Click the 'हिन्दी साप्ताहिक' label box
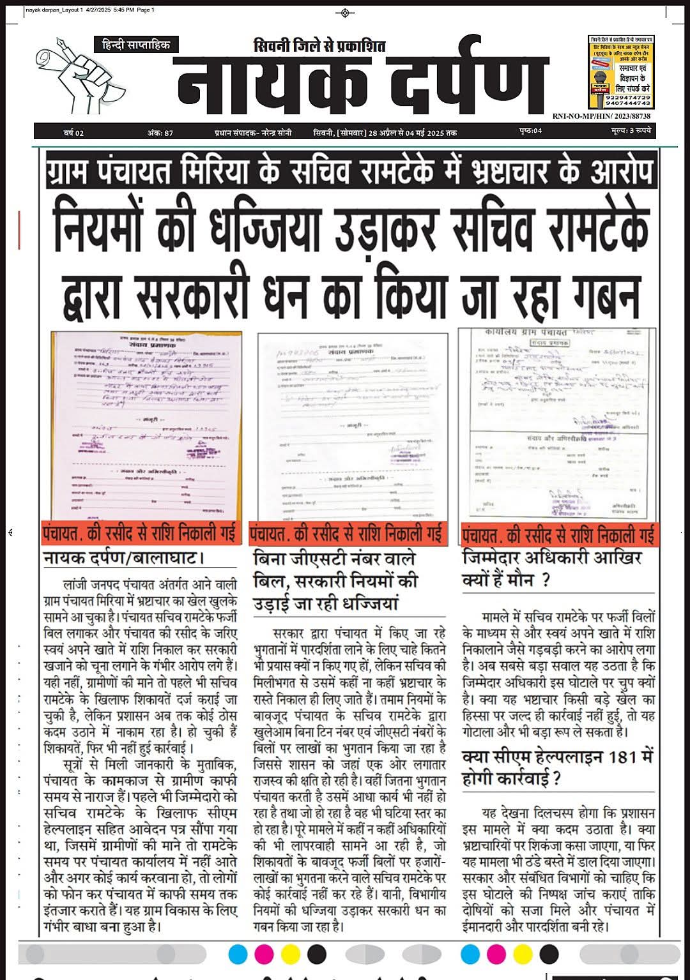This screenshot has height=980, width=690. click(136, 45)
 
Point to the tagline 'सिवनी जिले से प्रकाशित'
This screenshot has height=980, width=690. click(319, 46)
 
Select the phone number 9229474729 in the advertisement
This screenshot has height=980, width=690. click(628, 97)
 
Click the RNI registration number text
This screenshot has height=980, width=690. click(601, 116)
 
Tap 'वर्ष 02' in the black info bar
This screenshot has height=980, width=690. click(73, 133)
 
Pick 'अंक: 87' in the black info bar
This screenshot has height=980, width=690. click(160, 133)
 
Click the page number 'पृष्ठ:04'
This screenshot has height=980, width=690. click(530, 132)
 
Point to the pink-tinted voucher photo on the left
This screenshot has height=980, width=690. click(146, 426)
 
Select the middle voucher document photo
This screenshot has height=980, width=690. click(352, 426)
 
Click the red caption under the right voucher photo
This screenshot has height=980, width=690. click(559, 534)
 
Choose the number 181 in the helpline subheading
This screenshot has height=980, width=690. click(622, 757)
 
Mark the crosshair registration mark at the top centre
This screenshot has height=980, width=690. click(345, 13)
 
